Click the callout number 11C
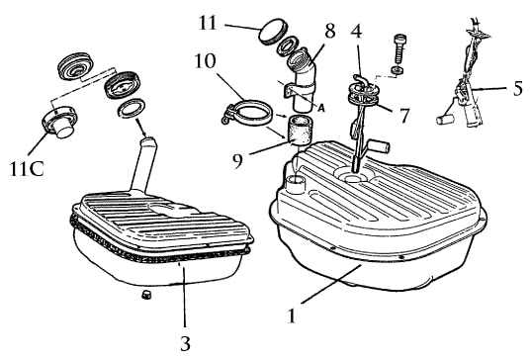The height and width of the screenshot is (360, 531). pyautogui.click(x=27, y=169)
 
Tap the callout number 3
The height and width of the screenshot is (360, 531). pyautogui.click(x=185, y=343)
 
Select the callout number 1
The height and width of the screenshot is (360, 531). pyautogui.click(x=292, y=315)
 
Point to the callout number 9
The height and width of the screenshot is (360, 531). pyautogui.click(x=237, y=160)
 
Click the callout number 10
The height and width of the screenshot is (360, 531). pyautogui.click(x=205, y=61)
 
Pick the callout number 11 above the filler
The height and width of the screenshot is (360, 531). pyautogui.click(x=208, y=24)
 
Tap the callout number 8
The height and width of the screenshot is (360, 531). pyautogui.click(x=329, y=31)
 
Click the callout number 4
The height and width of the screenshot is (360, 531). pyautogui.click(x=356, y=31)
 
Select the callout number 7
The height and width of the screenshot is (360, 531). pyautogui.click(x=403, y=115)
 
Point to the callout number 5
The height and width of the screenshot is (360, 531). pyautogui.click(x=518, y=88)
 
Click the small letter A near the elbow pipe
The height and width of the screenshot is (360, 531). pyautogui.click(x=321, y=108)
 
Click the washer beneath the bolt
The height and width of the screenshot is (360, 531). pyautogui.click(x=398, y=70)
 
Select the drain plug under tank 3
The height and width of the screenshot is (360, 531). pyautogui.click(x=146, y=295)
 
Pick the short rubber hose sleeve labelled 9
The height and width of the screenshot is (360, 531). pyautogui.click(x=300, y=130)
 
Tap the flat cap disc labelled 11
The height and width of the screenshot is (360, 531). pyautogui.click(x=273, y=33)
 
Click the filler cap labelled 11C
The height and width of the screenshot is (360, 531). pyautogui.click(x=59, y=121)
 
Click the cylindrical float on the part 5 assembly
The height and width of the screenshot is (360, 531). pyautogui.click(x=445, y=120)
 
